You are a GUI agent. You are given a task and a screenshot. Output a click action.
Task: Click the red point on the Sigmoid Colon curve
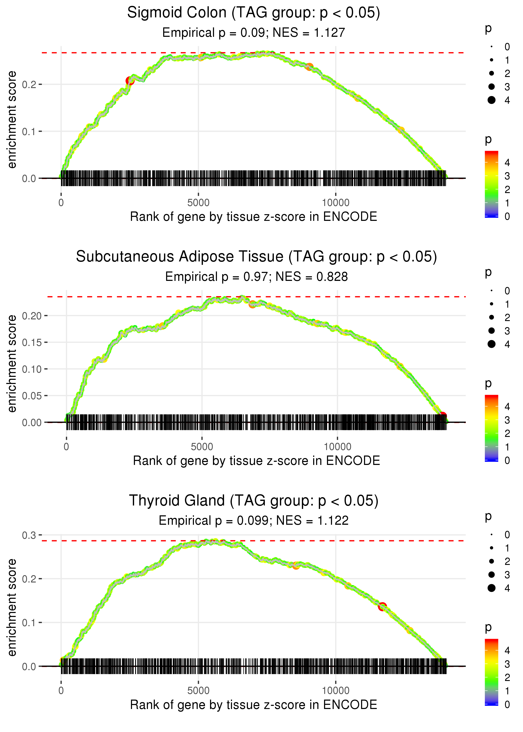(x=130, y=81)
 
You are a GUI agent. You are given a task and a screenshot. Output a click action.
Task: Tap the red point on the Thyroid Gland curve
(x=382, y=607)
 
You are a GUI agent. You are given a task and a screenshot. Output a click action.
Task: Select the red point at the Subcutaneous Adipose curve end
(x=443, y=416)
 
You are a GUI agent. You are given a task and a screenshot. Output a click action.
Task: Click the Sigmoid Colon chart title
(x=254, y=13)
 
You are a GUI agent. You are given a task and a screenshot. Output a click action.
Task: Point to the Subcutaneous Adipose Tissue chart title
(x=256, y=257)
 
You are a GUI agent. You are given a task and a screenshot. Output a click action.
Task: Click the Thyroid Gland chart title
(x=254, y=501)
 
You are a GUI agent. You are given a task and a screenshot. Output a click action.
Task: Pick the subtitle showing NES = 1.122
(x=254, y=521)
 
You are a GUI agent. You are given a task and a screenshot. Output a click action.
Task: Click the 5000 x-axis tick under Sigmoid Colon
(x=198, y=203)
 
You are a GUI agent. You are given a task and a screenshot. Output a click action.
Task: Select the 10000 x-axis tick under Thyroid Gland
(x=336, y=691)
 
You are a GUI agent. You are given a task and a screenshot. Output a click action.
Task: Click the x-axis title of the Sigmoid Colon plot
(x=254, y=217)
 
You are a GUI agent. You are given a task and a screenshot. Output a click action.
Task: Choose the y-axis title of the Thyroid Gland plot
(x=12, y=607)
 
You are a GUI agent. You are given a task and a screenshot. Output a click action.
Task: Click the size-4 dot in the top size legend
(x=491, y=100)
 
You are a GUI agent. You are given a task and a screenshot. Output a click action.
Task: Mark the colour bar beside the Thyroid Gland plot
(x=491, y=672)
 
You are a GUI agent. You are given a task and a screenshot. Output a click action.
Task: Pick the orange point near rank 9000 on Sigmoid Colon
(x=309, y=67)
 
